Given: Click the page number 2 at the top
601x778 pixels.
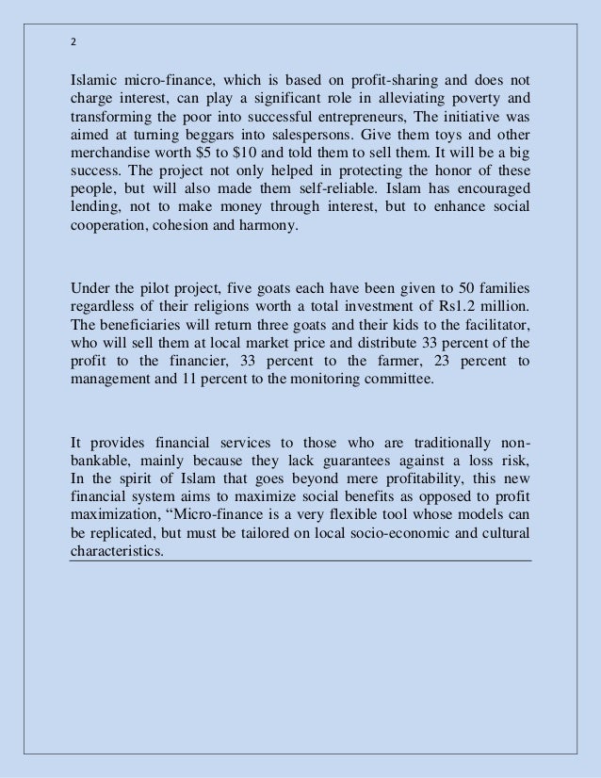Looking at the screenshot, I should (74, 41).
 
